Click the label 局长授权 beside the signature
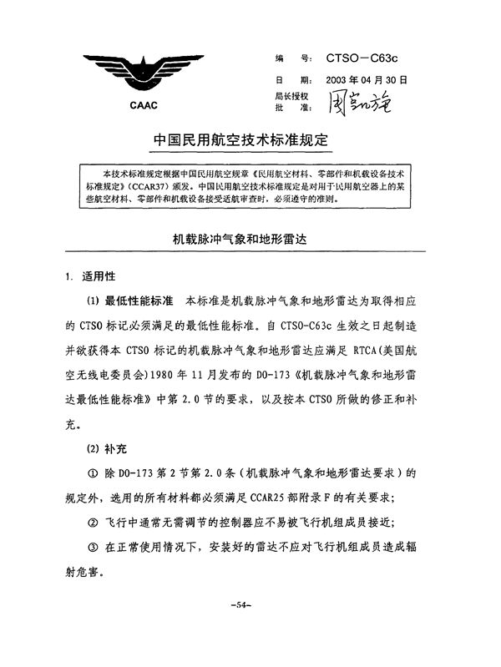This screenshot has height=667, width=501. (x=291, y=98)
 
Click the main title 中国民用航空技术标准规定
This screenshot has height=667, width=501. (x=241, y=139)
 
